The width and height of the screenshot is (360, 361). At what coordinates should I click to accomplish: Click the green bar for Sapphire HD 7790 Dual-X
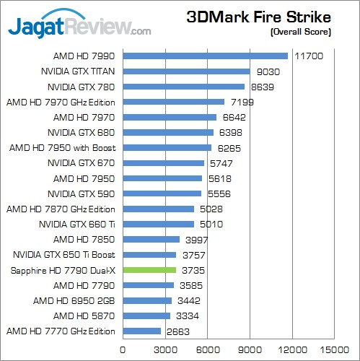(x=149, y=270)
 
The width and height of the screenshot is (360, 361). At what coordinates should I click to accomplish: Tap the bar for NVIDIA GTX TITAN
(x=186, y=71)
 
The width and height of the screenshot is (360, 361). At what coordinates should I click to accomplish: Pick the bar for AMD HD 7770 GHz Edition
(x=141, y=331)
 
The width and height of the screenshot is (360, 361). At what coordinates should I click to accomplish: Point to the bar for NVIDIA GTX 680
(x=168, y=132)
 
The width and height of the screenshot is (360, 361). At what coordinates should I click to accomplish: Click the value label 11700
(x=309, y=56)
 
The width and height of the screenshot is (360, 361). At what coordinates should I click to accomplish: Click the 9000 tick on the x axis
(x=250, y=347)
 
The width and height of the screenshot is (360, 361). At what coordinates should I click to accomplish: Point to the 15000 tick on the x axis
(x=335, y=347)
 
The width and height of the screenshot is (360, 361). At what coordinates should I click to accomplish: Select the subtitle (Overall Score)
(x=299, y=32)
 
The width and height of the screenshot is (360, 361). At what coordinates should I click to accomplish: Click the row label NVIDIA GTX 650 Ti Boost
(x=64, y=255)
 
